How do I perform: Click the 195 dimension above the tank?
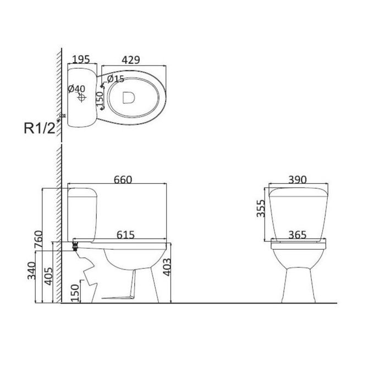(81, 59)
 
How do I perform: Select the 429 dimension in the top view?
(131, 60)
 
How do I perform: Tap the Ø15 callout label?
(116, 79)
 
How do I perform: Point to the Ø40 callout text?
(76, 89)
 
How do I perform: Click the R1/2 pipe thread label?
(39, 128)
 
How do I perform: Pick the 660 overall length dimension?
(123, 180)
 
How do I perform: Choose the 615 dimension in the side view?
(125, 235)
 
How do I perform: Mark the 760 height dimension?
(39, 239)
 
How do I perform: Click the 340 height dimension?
(32, 271)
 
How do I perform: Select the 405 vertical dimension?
(48, 276)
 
